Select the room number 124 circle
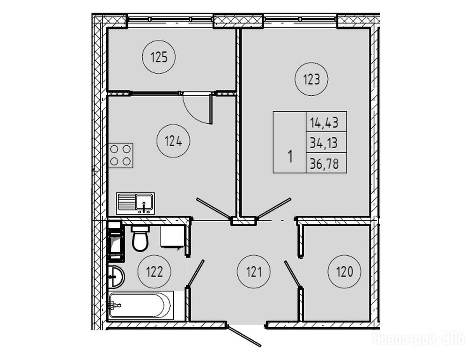point(173,140)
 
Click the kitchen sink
point(136,203)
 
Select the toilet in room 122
point(140,238)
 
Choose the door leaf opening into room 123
point(275,208)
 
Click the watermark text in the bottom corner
point(419,338)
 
